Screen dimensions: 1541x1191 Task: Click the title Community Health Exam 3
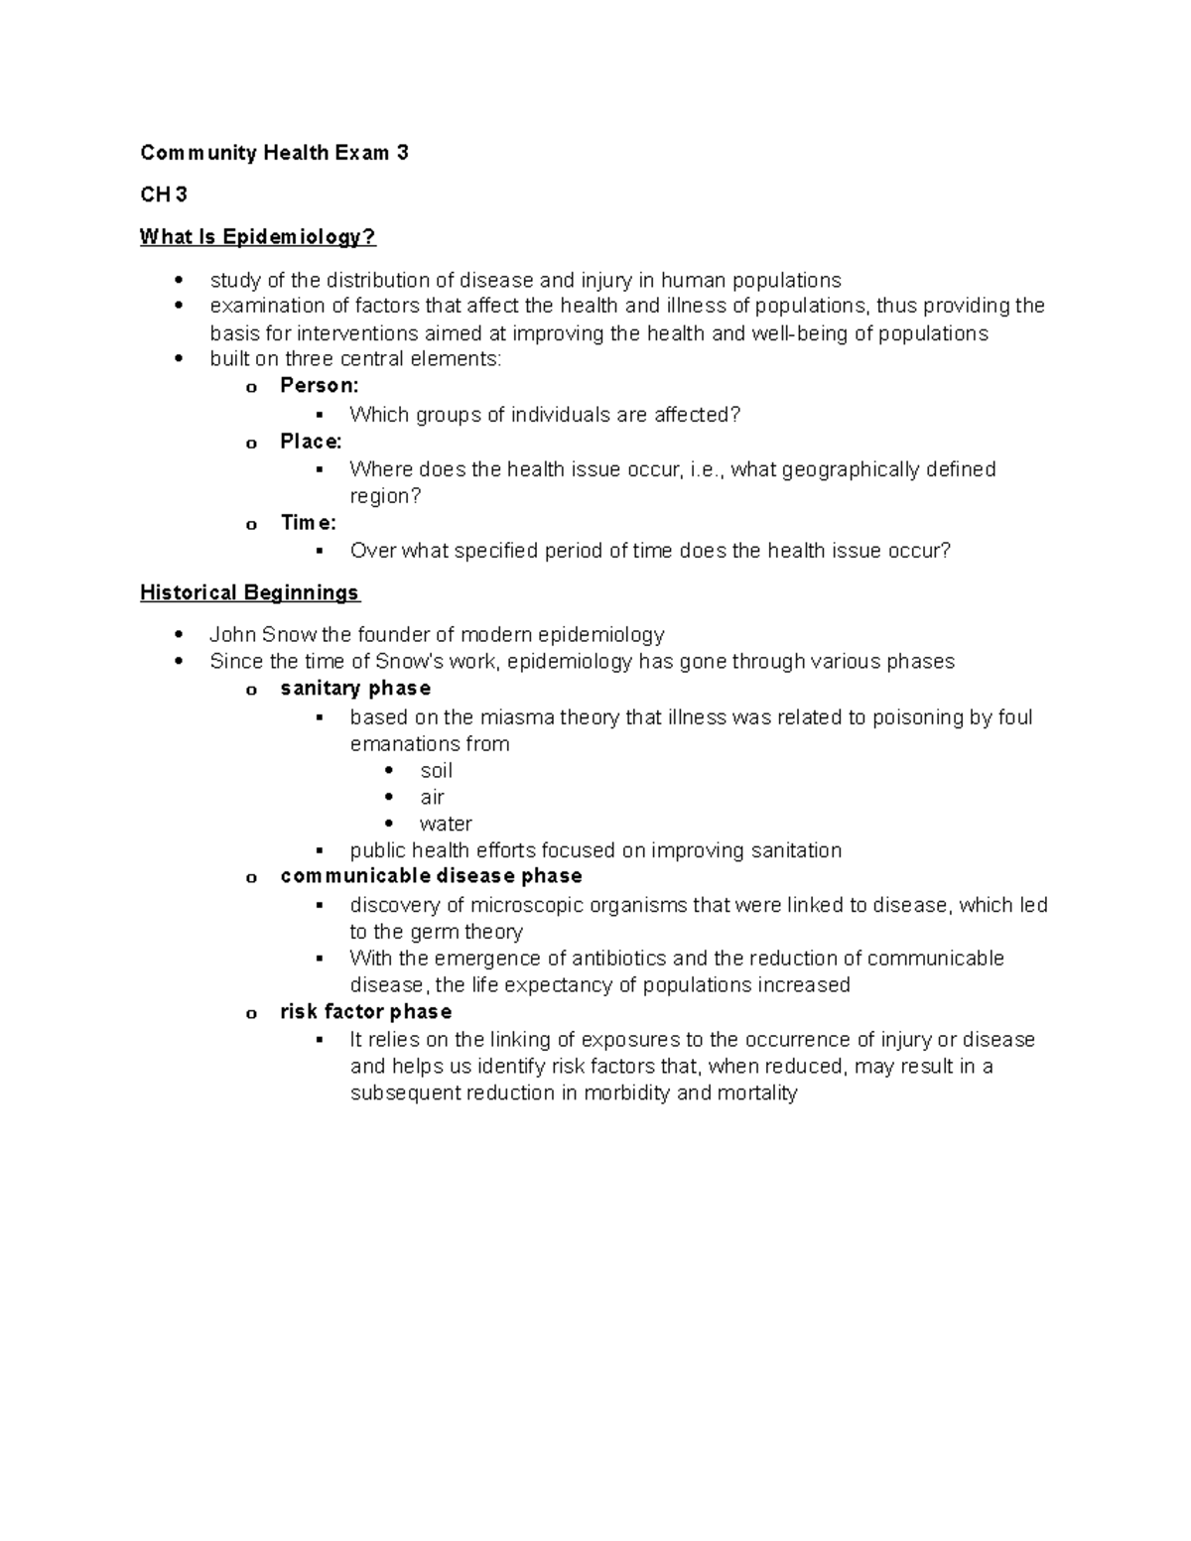click(x=274, y=153)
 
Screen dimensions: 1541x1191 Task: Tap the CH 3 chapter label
click(x=164, y=194)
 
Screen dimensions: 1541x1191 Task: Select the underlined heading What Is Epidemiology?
click(x=258, y=237)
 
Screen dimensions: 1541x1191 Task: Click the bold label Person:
click(x=320, y=386)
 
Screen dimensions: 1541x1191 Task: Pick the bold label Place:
click(x=311, y=442)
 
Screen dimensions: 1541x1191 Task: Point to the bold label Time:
click(x=308, y=523)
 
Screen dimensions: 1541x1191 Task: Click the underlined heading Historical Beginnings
click(x=249, y=593)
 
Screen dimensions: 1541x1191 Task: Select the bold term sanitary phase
click(x=355, y=689)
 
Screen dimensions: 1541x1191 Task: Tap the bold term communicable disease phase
click(x=431, y=876)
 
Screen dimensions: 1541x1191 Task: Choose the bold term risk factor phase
click(x=365, y=1012)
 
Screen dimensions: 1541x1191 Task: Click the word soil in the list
click(x=436, y=771)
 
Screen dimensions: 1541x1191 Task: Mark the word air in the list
click(x=432, y=798)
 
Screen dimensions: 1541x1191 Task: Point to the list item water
click(x=446, y=825)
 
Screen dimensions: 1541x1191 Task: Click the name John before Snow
click(x=232, y=635)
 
